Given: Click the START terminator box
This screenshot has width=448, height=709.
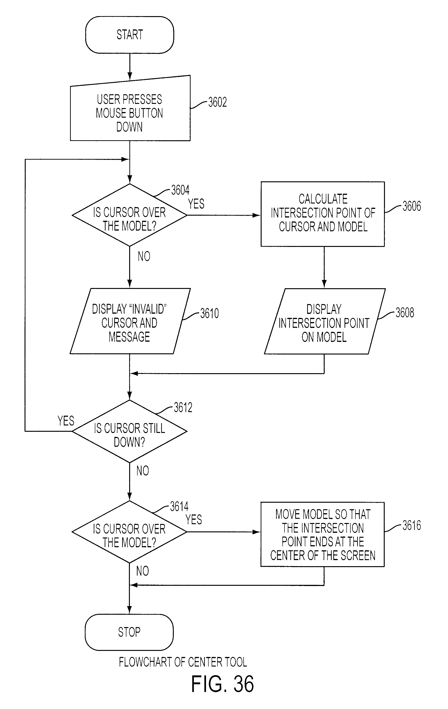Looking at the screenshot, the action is pos(129,35).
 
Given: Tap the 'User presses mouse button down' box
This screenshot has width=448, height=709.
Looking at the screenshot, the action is pos(130,109).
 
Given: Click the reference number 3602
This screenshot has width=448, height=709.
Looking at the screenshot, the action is pos(217,102).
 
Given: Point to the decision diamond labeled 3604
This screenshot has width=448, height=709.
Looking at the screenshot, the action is pos(129,215).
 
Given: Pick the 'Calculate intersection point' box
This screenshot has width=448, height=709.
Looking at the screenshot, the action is pos(323,214).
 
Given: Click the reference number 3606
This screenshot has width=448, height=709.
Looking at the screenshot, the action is pos(412,206).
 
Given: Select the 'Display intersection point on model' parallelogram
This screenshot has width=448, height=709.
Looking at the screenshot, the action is pos(324,321).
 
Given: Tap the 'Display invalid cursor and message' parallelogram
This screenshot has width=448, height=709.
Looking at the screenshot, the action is pos(130,321).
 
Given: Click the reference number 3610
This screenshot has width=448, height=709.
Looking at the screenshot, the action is pos(210,313).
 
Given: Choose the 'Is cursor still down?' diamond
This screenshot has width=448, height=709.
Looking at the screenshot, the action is pos(129,431).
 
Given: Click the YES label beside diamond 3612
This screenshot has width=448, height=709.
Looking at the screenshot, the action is pos(66,421).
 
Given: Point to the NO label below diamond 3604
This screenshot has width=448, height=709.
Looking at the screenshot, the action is pos(144,256).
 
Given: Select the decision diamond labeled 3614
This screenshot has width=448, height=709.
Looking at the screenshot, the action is pos(129,532).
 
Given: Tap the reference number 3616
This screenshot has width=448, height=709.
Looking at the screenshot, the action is pos(412,526).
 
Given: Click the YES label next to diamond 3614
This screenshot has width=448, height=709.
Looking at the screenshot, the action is pos(194,519).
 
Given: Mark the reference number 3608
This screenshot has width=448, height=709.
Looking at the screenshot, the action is pos(405,313).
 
